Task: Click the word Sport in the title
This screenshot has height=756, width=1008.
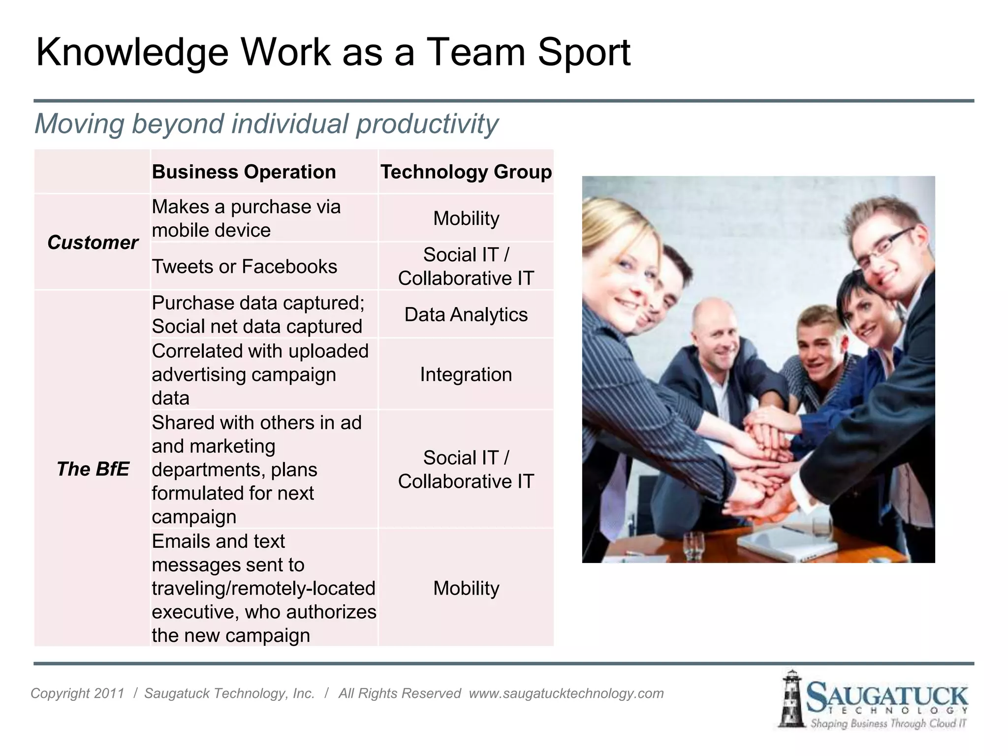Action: [x=584, y=52]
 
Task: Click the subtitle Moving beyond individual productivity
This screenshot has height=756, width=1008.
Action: [x=266, y=124]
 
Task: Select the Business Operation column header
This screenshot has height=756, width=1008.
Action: [x=244, y=172]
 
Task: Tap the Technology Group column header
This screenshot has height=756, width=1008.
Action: [x=466, y=172]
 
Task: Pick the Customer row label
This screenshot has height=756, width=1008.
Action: [x=93, y=242]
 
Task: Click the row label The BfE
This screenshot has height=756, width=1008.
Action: [x=93, y=469]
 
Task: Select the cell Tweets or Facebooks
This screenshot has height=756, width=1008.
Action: [x=244, y=266]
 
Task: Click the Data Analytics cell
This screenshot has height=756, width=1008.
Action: [x=466, y=315]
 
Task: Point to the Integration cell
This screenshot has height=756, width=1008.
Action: [x=466, y=375]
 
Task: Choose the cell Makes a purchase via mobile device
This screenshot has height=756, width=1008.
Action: [x=246, y=218]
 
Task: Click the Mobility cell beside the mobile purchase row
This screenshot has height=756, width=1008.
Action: [x=466, y=218]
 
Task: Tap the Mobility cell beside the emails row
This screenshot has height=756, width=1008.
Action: [x=466, y=588]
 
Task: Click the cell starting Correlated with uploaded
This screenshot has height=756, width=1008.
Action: [x=260, y=375]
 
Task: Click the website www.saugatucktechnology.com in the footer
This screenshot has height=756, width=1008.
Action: [x=566, y=693]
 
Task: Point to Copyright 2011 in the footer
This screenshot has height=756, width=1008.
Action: [x=77, y=693]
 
